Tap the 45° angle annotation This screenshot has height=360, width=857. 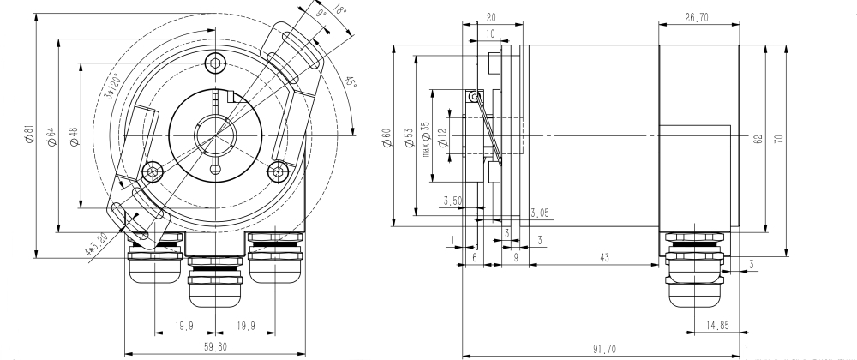point(351,83)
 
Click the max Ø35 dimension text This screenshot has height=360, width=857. point(425,136)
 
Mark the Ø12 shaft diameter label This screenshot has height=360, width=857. point(441,136)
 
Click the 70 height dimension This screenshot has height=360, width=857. point(779,136)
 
